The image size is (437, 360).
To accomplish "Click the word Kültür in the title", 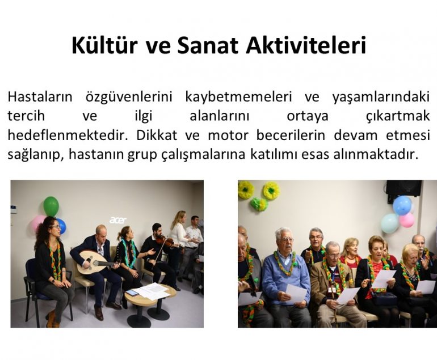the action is click(x=104, y=45).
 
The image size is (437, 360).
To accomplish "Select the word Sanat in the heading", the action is click(x=207, y=45).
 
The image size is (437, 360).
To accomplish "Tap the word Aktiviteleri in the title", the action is click(x=306, y=45).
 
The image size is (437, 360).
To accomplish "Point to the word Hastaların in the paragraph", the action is click(x=40, y=97).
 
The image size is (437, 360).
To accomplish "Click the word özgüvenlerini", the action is click(x=129, y=98).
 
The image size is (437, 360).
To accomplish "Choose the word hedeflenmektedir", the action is click(x=68, y=135).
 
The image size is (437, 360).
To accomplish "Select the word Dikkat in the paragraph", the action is click(x=157, y=135).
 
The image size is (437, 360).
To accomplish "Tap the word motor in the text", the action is click(x=228, y=135).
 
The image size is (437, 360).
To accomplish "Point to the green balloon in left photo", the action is click(x=51, y=206).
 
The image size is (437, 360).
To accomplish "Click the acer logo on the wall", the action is click(x=118, y=220).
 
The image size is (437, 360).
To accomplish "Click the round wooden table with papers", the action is click(x=150, y=302).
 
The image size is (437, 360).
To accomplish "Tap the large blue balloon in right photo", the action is click(x=402, y=205).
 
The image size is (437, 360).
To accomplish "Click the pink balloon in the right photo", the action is click(x=407, y=220).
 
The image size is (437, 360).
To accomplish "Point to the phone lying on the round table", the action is click(x=132, y=293).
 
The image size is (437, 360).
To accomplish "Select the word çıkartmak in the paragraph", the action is click(x=398, y=116).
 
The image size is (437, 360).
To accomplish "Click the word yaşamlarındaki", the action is click(x=381, y=98).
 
